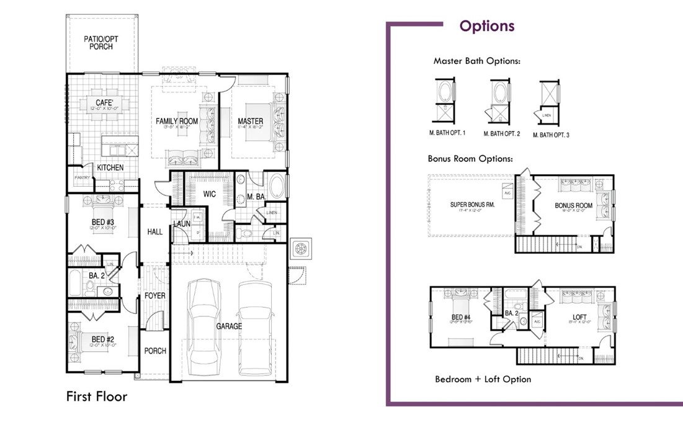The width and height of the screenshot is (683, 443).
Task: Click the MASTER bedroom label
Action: click(x=251, y=121)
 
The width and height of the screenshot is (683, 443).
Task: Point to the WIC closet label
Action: click(x=210, y=194)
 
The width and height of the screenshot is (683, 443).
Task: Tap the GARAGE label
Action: click(x=229, y=326)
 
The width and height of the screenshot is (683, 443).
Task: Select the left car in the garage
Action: click(x=204, y=323)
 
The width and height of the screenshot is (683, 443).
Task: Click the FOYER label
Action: click(x=155, y=296)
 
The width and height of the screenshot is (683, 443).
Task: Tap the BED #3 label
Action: click(x=101, y=221)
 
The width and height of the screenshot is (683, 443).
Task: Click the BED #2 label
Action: click(x=101, y=339)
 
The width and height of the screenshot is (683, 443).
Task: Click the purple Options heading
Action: click(x=487, y=26)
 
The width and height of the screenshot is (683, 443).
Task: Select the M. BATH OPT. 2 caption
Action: click(x=501, y=134)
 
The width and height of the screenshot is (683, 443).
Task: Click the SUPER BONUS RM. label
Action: click(x=472, y=205)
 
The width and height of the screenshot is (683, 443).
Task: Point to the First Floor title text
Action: click(x=97, y=396)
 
